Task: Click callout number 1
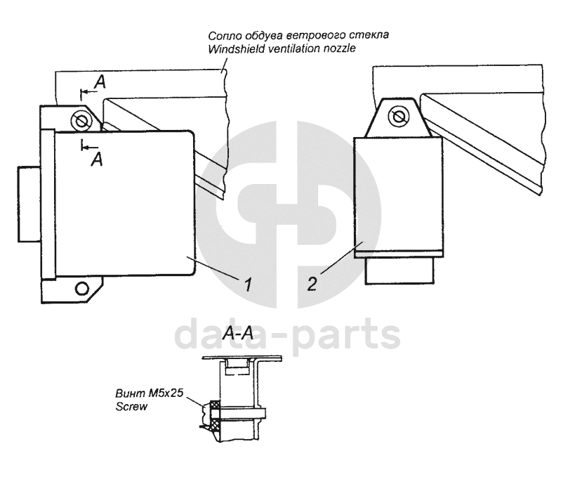(x=249, y=284)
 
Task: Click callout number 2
(x=312, y=284)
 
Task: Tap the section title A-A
(x=238, y=334)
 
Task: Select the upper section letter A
(x=100, y=82)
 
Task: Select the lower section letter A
(x=97, y=159)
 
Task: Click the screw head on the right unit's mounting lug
(x=398, y=117)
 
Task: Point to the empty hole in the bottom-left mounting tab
(x=81, y=288)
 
